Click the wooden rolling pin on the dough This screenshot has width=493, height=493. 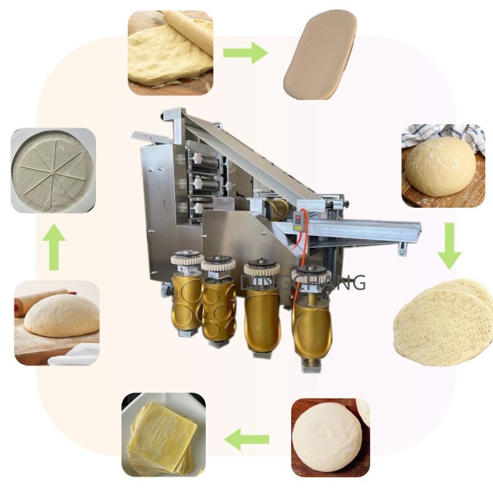point(188,31)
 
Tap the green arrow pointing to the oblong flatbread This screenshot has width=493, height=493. point(245,52)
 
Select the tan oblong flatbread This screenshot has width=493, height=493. point(320,54)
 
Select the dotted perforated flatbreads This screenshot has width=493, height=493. point(442,320)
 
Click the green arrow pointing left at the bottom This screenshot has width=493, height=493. point(246,439)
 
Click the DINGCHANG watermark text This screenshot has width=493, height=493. point(303,282)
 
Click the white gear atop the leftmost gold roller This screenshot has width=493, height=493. point(187,258)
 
